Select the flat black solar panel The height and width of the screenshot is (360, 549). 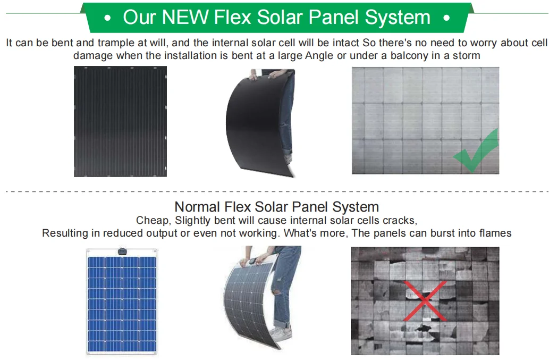120,121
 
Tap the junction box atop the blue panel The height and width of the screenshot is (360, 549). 122,250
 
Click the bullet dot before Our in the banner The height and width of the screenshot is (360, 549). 108,18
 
